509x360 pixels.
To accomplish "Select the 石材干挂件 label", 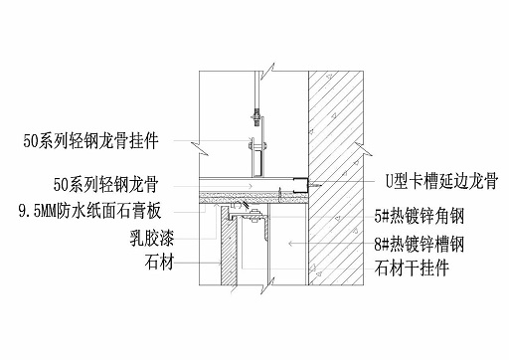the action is pos(409,267).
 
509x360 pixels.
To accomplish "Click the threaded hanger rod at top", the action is pos(255,94).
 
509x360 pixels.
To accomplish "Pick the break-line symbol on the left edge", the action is pos(203,149).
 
